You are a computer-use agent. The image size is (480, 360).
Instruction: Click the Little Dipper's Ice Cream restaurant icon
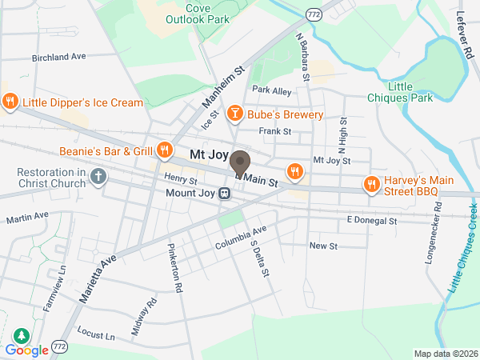click(x=10, y=102)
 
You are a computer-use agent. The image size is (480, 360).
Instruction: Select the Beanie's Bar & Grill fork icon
click(x=165, y=150)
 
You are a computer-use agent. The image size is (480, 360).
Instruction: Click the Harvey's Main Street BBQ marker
click(x=371, y=185)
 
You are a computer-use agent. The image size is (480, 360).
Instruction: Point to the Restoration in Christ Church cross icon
click(x=98, y=176)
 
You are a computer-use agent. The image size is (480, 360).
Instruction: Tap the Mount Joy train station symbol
click(x=226, y=193)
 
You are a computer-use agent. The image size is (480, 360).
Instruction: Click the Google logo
click(x=27, y=350)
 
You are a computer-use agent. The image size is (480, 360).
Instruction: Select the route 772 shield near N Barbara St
click(x=314, y=14)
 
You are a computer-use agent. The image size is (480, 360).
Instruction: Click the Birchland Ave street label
click(x=58, y=58)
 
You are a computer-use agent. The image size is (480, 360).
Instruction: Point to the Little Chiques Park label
click(x=410, y=92)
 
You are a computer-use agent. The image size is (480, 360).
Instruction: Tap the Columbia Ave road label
click(x=240, y=235)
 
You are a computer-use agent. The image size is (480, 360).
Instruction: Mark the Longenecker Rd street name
click(x=436, y=238)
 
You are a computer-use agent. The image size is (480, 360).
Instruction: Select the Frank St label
click(x=274, y=130)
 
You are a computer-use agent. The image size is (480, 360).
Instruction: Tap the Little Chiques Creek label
click(x=462, y=246)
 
